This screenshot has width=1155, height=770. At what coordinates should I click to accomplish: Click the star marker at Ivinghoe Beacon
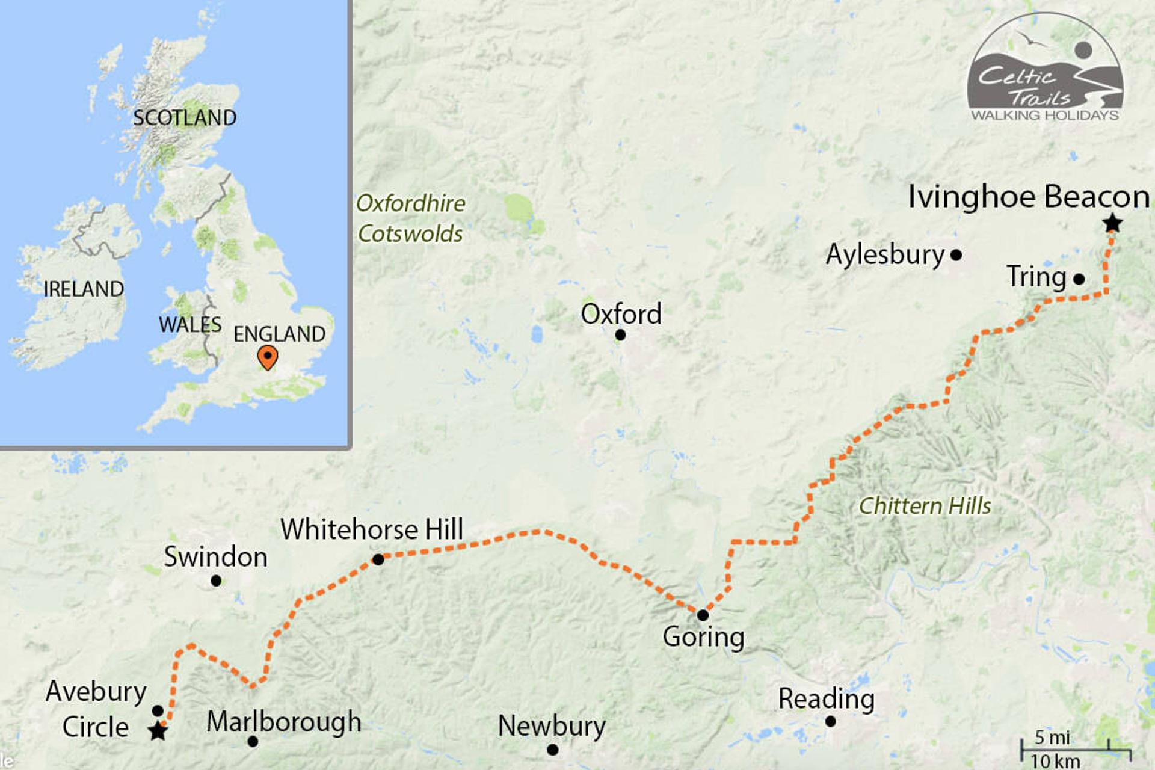point(1112,223)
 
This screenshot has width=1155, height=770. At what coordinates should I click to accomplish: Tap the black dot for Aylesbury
point(956,255)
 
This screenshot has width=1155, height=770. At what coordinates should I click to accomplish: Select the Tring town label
point(1036,277)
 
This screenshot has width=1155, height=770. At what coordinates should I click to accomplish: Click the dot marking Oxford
point(620,335)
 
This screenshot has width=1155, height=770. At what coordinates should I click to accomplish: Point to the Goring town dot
point(703,615)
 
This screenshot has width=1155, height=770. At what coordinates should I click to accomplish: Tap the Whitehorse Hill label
point(372,529)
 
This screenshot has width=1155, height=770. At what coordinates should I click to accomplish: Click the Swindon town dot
point(216,581)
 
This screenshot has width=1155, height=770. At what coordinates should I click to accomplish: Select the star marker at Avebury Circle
point(158,731)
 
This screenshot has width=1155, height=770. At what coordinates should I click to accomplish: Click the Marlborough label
point(284,722)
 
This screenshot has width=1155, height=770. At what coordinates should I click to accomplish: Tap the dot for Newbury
point(552,750)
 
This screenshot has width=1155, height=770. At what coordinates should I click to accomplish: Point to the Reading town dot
point(830,721)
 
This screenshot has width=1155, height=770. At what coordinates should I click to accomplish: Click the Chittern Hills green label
point(925,506)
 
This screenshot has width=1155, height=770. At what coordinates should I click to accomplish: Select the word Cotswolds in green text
point(410,234)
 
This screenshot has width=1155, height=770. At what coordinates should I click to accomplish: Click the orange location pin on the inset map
point(267,357)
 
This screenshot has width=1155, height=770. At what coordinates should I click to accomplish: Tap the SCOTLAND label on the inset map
point(185,118)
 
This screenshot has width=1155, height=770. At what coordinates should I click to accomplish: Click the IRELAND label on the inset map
point(84,289)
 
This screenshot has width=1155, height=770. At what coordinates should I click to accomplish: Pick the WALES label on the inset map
point(190,325)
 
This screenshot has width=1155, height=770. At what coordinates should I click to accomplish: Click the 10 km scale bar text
point(1055,761)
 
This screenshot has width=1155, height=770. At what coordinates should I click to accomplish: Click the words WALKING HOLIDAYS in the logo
point(1045,115)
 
